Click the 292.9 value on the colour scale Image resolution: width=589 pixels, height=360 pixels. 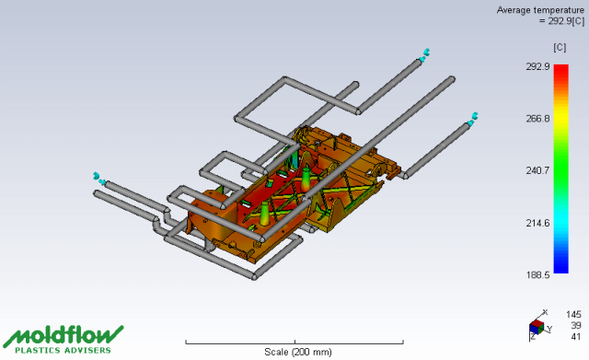point(537,67)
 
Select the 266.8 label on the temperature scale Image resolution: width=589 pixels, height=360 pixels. point(537,119)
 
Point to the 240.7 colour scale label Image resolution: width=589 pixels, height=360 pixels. point(537,170)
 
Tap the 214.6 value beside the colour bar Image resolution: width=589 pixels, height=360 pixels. point(537,223)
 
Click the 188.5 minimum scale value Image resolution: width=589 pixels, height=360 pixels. point(537,275)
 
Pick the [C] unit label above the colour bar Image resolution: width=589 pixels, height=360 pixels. point(560,47)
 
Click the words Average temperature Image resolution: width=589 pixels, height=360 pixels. point(540,10)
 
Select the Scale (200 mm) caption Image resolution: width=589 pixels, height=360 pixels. point(298,352)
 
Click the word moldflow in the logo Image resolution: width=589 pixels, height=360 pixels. point(64,335)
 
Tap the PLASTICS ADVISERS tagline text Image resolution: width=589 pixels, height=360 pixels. point(63,350)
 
